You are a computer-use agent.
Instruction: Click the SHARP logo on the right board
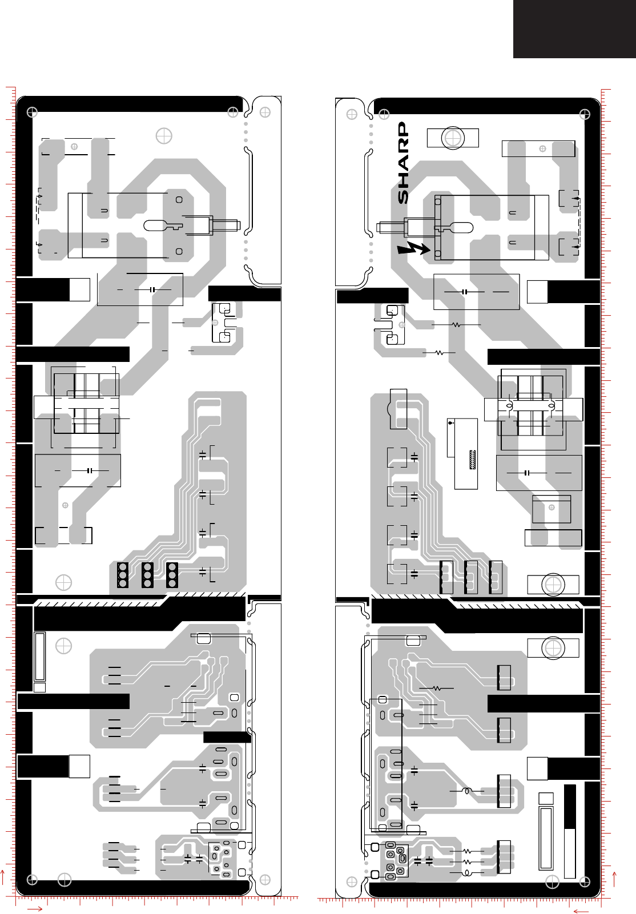(x=402, y=163)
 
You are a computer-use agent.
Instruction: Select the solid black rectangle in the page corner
(x=574, y=29)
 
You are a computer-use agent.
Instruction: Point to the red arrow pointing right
(x=35, y=909)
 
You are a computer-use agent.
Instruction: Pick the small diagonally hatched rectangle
(x=473, y=460)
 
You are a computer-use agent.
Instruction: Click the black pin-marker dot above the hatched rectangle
(x=450, y=422)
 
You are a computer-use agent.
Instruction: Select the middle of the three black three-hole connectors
(x=147, y=575)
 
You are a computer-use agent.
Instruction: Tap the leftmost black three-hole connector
(x=123, y=575)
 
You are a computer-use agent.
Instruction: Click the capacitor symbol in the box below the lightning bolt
(x=464, y=292)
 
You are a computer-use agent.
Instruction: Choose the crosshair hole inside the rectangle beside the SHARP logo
(x=453, y=138)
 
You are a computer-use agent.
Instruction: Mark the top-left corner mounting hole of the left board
(x=32, y=112)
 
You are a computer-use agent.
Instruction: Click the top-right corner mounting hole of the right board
(x=585, y=114)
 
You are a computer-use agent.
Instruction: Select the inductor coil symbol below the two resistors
(x=467, y=873)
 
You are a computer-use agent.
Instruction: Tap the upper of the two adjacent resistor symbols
(x=467, y=851)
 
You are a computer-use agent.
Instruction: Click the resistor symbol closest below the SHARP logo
(x=456, y=325)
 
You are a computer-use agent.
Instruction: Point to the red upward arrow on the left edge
(x=3, y=877)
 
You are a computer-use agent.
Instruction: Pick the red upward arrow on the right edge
(x=614, y=879)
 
